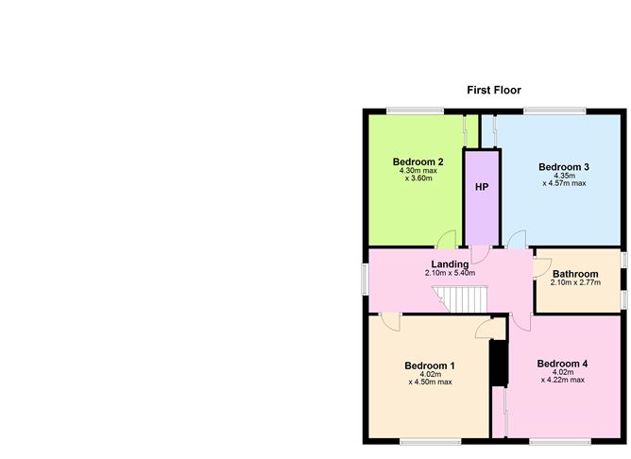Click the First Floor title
pyautogui.click(x=494, y=90)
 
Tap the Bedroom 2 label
pyautogui.click(x=418, y=162)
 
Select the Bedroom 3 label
pyautogui.click(x=564, y=167)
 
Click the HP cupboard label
pyautogui.click(x=482, y=187)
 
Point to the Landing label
pyautogui.click(x=450, y=264)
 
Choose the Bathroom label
pyautogui.click(x=575, y=274)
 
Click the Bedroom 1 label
pyautogui.click(x=430, y=365)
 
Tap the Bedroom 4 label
pyautogui.click(x=562, y=364)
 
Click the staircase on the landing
pyautogui.click(x=460, y=298)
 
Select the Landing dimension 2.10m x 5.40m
pyautogui.click(x=450, y=273)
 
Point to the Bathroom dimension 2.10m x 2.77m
pyautogui.click(x=575, y=282)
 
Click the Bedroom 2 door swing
pyautogui.click(x=446, y=239)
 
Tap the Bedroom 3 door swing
pyautogui.click(x=517, y=239)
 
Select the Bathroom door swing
pyautogui.click(x=542, y=268)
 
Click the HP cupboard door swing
pyautogui.click(x=480, y=255)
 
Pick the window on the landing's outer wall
pyautogui.click(x=366, y=280)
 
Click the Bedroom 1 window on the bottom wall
pyautogui.click(x=430, y=442)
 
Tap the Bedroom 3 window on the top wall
pyautogui.click(x=554, y=111)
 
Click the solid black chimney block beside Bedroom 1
pyautogui.click(x=499, y=364)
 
